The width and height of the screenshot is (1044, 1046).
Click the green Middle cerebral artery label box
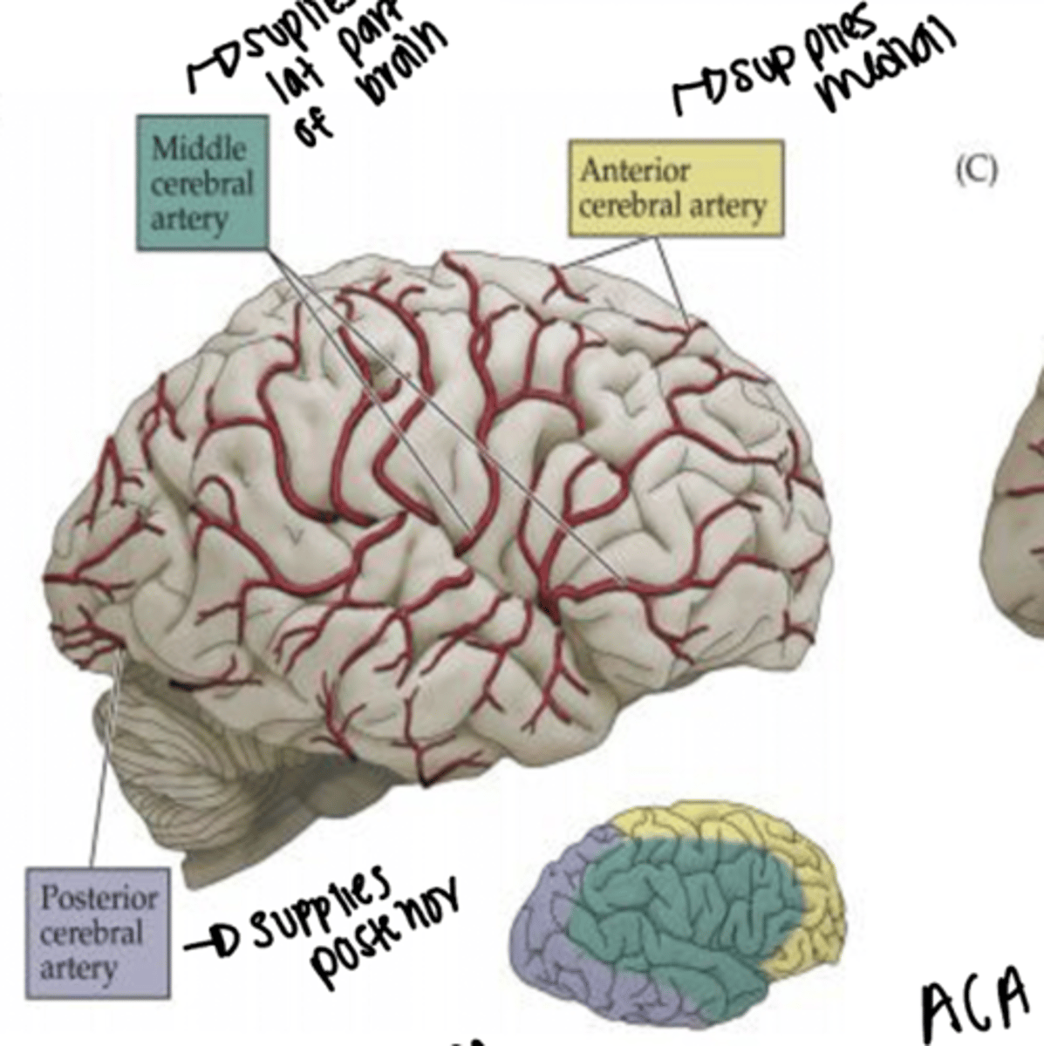point(202,183)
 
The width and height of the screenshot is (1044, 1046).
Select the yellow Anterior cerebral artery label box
point(675,188)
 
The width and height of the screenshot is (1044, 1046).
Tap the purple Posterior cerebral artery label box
point(98,933)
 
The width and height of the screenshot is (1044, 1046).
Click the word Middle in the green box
point(199,148)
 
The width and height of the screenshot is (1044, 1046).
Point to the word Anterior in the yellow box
point(635,170)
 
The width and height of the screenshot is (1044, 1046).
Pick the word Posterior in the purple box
point(99,898)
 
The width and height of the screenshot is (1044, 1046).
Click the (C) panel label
point(975,170)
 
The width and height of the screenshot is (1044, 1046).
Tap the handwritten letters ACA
point(975,1007)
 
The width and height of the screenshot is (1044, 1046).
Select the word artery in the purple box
point(78,968)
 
